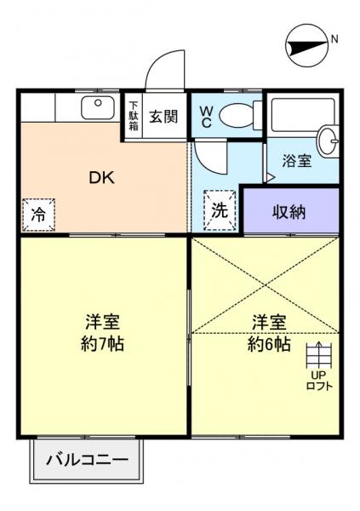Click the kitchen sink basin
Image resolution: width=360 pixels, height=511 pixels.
pyautogui.click(x=97, y=108)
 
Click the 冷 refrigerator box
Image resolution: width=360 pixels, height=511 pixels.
pyautogui.click(x=39, y=215)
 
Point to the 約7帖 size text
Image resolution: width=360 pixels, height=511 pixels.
pyautogui.click(x=100, y=345)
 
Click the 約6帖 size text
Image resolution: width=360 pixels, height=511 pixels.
pyautogui.click(x=267, y=344)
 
